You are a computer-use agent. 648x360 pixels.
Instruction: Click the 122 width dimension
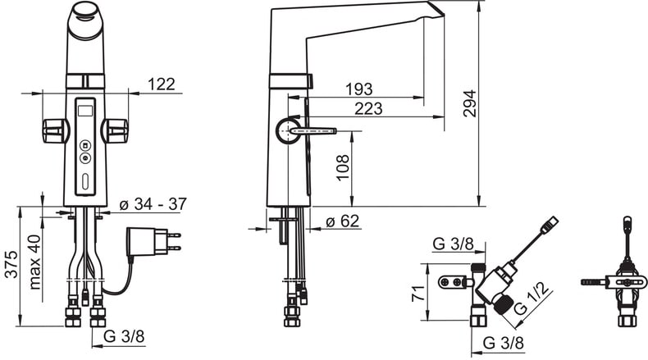tap(160, 83)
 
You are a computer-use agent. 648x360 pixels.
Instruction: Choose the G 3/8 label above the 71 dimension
tap(454, 244)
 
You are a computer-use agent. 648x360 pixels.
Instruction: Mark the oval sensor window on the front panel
tap(84, 182)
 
